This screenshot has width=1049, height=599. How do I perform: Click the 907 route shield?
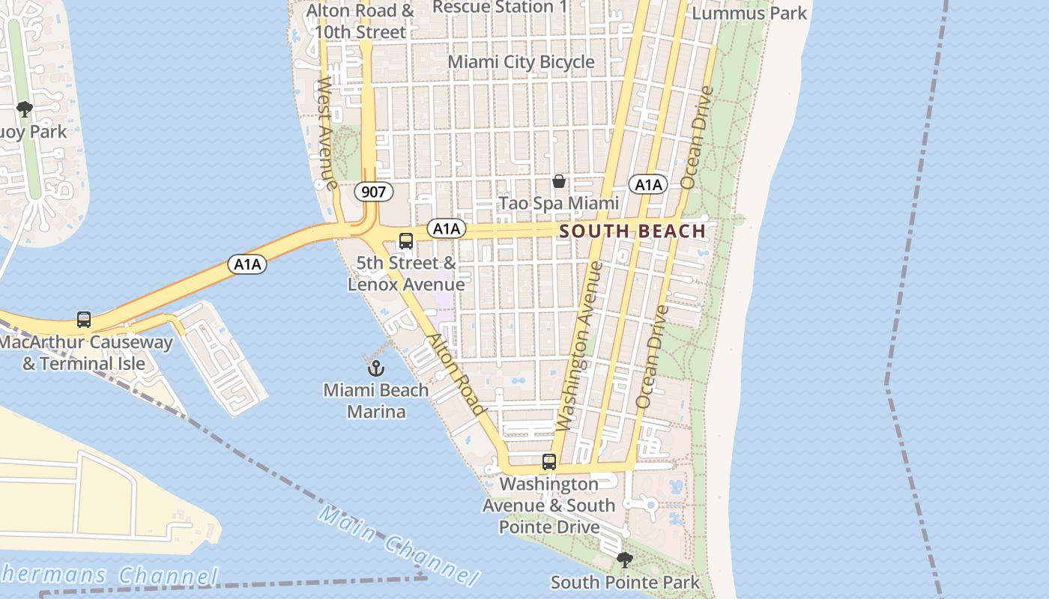coord(373,192)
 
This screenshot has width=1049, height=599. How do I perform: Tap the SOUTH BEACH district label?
coord(633,231)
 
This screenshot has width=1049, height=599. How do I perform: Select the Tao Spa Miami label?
coord(559,203)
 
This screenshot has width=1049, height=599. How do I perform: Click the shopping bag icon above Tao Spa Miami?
coord(559,181)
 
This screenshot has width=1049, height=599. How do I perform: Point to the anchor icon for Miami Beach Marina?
coord(375,368)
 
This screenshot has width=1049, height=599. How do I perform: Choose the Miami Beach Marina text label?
coord(376,401)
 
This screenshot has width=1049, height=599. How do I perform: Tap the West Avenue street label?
coord(326,132)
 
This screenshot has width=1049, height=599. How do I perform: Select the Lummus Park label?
coord(749,13)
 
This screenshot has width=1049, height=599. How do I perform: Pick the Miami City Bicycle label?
coord(522,62)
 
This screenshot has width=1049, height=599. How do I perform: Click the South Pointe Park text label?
coord(625,582)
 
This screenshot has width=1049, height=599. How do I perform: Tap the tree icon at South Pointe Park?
coord(624,559)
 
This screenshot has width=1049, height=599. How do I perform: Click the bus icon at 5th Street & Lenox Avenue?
coord(406,241)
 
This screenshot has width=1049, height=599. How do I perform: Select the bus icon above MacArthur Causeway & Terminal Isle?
coord(84,320)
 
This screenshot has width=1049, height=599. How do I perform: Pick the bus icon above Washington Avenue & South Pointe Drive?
coord(549,462)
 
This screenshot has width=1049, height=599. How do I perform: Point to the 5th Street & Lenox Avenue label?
coord(406,273)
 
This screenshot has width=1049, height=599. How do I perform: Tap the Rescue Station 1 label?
coord(500,7)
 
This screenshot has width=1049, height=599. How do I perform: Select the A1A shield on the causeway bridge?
coord(248,264)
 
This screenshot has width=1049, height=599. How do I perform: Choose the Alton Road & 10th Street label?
coord(360,22)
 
